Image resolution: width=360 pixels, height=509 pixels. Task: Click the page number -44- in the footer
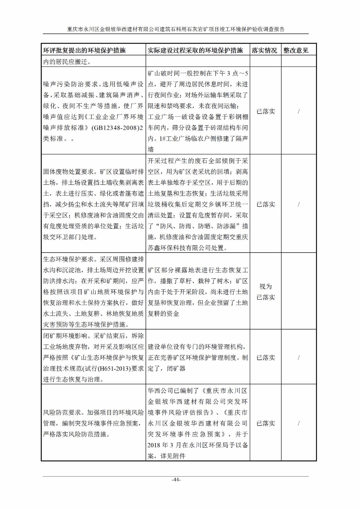click(x=176, y=480)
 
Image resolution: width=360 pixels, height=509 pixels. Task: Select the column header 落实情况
click(x=265, y=50)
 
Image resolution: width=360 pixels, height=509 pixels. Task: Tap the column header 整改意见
click(x=296, y=50)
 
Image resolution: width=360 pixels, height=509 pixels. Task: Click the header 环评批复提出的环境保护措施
click(x=84, y=50)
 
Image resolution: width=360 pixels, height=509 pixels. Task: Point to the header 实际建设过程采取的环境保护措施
click(x=195, y=50)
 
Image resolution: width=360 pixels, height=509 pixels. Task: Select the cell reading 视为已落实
click(x=266, y=292)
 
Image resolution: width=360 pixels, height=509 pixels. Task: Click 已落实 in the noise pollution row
click(x=266, y=111)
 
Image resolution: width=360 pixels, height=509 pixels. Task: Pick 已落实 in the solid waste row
click(x=266, y=204)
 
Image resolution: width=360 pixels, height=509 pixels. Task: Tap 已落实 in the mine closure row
click(x=266, y=358)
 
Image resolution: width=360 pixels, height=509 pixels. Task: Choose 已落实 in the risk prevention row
click(x=266, y=423)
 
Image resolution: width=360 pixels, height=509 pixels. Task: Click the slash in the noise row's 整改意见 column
click(x=299, y=111)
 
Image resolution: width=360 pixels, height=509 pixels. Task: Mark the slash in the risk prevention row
click(x=299, y=423)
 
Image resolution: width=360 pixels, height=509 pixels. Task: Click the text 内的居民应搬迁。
click(x=67, y=61)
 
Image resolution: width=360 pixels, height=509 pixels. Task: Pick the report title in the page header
click(x=176, y=29)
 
